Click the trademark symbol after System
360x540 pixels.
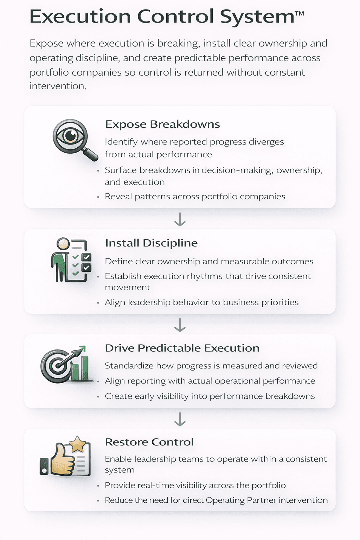pos(299,14)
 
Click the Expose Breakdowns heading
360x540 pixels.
pos(162,124)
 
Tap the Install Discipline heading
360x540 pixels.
pos(151,243)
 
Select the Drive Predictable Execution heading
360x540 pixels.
pos(182,348)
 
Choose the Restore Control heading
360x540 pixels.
pos(149,442)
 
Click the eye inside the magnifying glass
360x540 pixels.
pos(71,136)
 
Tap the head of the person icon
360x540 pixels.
pos(63,244)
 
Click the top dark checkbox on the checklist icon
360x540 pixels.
pos(86,257)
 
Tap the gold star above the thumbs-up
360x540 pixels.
pos(77,444)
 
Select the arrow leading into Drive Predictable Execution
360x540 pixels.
pos(180,325)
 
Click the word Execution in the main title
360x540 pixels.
pos(80,17)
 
